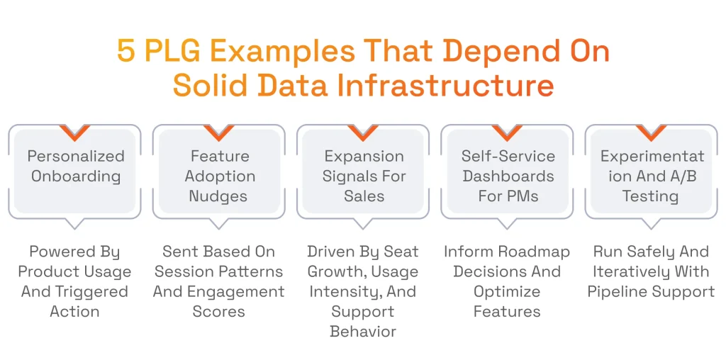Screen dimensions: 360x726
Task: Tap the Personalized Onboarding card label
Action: click(75, 167)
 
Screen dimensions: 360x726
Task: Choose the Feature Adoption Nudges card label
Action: click(219, 176)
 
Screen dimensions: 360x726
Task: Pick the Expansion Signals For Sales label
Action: click(364, 176)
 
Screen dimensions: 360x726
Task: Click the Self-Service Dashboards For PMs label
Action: click(508, 176)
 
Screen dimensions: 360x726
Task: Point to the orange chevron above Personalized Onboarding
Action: click(75, 132)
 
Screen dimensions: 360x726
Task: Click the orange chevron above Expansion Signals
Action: click(364, 132)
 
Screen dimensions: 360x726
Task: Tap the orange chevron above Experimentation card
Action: click(651, 132)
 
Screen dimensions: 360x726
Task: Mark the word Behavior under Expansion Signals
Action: click(363, 331)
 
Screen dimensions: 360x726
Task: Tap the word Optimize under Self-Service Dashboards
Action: click(507, 291)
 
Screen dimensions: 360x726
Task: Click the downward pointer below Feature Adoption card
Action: click(219, 223)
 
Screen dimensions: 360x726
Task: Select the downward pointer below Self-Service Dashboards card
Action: click(508, 223)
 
